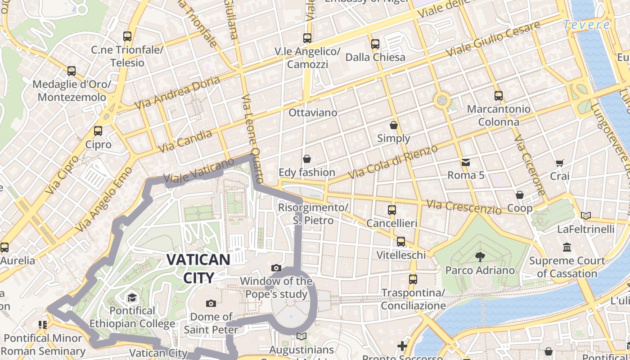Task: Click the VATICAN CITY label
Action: [x=198, y=268]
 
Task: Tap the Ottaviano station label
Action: [x=313, y=112]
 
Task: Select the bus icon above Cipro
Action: [x=98, y=131]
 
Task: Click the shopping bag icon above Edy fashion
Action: [x=307, y=159]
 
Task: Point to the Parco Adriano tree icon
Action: [x=480, y=257]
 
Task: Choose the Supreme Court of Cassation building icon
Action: [x=567, y=247]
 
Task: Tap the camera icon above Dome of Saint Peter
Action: [x=211, y=303]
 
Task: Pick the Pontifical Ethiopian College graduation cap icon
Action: [x=132, y=297]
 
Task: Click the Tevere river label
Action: [x=587, y=25]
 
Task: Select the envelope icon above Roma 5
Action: [x=465, y=162]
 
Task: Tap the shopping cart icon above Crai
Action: [x=559, y=163]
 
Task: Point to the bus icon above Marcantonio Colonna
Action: [x=498, y=95]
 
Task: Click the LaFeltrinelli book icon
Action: [x=585, y=216]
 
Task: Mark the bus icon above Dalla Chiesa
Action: [x=375, y=44]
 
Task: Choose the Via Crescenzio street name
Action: [x=463, y=207]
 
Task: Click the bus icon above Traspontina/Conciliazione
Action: [x=413, y=279]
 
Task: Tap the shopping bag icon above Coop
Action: [x=520, y=195]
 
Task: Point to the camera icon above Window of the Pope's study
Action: [x=276, y=268]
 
